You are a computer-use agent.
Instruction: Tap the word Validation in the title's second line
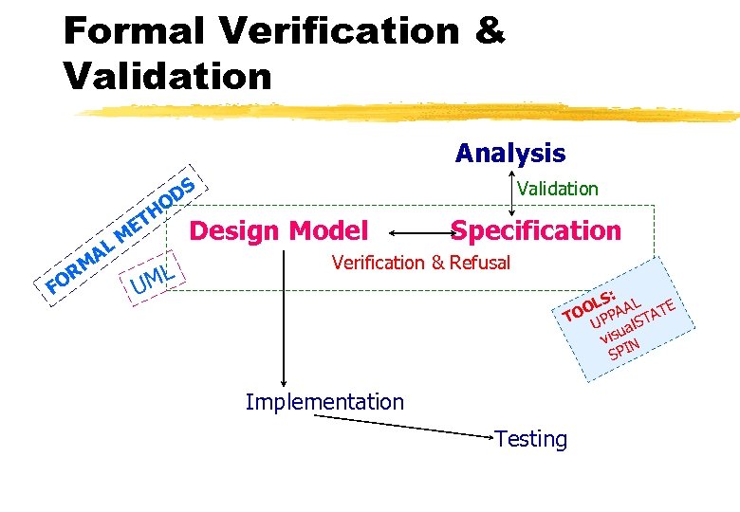[167, 75]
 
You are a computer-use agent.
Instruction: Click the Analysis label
[509, 153]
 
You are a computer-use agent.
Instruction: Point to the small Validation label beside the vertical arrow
[558, 189]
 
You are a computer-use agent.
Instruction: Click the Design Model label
[279, 230]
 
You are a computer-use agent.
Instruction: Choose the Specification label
[536, 230]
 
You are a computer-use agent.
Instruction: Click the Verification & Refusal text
[420, 263]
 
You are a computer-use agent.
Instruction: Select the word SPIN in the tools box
[623, 348]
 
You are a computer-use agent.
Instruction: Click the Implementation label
[324, 402]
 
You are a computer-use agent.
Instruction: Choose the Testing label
[530, 439]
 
